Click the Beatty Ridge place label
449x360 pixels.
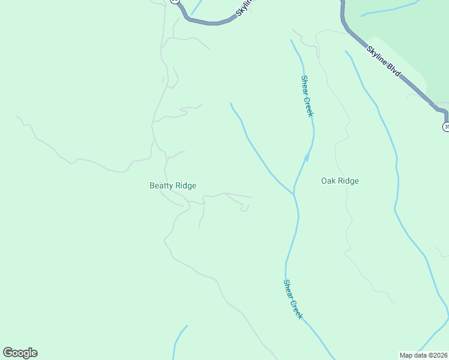point(173,186)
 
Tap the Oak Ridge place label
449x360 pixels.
point(340,181)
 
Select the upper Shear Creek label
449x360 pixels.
point(307,96)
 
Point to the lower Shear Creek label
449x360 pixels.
point(293,299)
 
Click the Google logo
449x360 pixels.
point(20,353)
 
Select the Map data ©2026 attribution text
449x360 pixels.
point(424,355)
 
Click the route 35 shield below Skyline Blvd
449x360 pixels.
point(446,127)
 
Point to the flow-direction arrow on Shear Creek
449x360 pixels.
point(306,158)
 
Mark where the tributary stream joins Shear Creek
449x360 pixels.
point(294,194)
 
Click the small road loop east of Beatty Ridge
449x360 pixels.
point(244,209)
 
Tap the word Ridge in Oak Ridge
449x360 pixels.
point(348,181)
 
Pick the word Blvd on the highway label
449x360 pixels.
point(393,70)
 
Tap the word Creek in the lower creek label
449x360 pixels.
point(297,308)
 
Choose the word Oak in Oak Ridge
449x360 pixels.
point(328,181)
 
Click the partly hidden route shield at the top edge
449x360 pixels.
point(174,2)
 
